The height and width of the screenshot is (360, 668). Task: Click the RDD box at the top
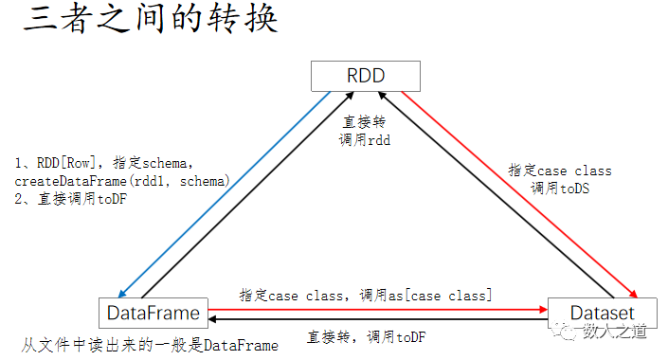point(366,76)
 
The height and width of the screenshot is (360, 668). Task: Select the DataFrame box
point(153,312)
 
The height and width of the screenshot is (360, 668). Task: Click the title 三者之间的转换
point(151,21)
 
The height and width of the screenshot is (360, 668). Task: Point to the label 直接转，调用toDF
point(367,336)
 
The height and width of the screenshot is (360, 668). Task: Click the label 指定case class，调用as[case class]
point(365,295)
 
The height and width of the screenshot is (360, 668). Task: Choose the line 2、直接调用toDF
point(73,198)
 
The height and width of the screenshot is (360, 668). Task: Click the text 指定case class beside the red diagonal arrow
point(559,171)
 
